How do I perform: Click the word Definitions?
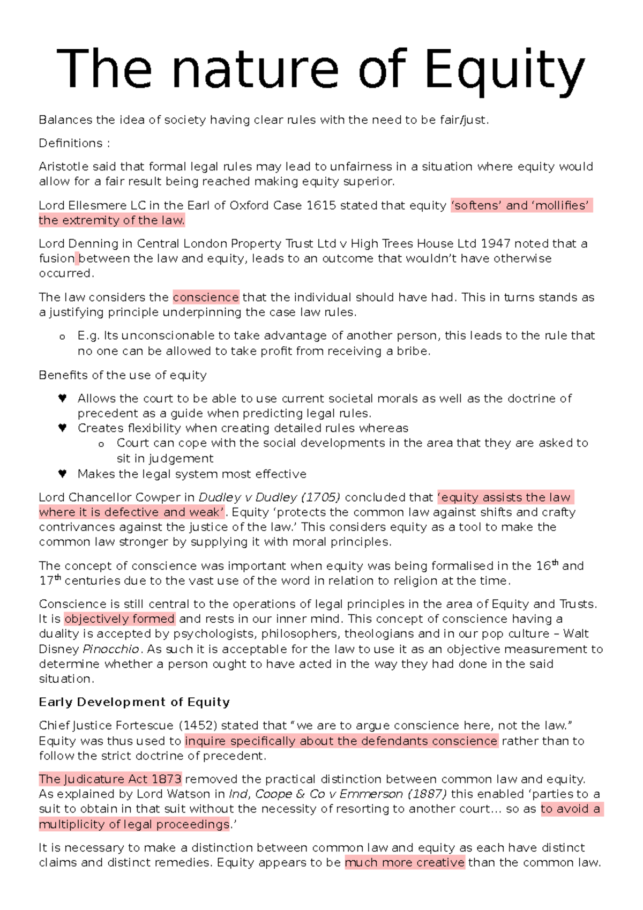tap(70, 144)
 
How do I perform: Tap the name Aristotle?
tap(63, 167)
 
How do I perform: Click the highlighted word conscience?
tap(206, 297)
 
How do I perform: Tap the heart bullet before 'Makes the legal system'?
tap(62, 474)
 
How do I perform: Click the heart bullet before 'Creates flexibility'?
tap(62, 428)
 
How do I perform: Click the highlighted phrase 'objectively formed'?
tap(119, 619)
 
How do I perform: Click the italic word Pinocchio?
tap(111, 649)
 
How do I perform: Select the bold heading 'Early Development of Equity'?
tap(134, 702)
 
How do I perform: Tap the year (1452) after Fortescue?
tap(197, 726)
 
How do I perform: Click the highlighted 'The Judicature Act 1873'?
tap(110, 779)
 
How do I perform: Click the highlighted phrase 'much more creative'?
tap(405, 863)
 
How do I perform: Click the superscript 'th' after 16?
tap(555, 563)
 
